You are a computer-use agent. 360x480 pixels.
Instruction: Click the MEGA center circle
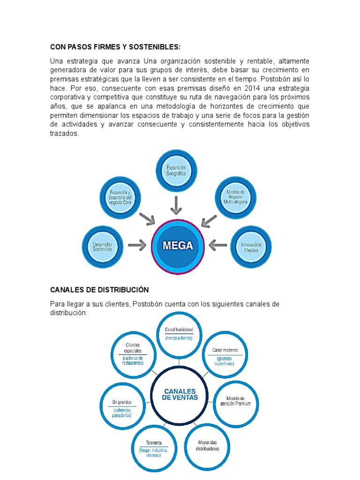178,246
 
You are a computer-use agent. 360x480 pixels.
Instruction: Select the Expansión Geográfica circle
176,171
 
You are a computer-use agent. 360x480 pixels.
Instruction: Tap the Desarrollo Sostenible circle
102,247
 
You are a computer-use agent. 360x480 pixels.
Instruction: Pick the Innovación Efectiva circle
251,247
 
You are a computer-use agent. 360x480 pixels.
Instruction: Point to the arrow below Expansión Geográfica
176,204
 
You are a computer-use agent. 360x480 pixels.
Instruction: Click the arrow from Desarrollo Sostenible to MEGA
137,245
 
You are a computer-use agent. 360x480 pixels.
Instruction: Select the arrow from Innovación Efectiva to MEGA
217,245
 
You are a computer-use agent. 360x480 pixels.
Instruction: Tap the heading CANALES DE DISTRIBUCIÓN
99,290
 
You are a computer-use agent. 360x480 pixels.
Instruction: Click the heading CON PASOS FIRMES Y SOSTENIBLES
115,47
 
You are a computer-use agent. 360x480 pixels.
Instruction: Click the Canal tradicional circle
179,333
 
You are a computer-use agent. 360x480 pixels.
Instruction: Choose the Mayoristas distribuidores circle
207,444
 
